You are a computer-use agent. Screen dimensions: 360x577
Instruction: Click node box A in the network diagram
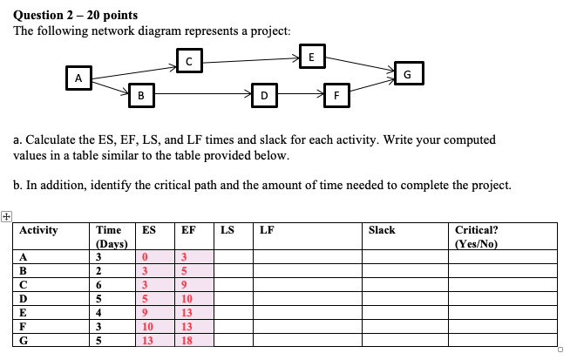[79, 78]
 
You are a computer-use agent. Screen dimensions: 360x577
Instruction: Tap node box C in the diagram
[188, 60]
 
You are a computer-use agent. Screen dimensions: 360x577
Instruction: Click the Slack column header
[382, 230]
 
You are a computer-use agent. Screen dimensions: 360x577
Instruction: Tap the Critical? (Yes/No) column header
[476, 236]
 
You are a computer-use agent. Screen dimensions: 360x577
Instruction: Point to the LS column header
[227, 230]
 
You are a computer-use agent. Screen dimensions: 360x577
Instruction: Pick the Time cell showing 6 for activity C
[99, 284]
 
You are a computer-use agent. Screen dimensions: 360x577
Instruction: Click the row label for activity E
[24, 312]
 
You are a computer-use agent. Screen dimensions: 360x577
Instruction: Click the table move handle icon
[8, 215]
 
